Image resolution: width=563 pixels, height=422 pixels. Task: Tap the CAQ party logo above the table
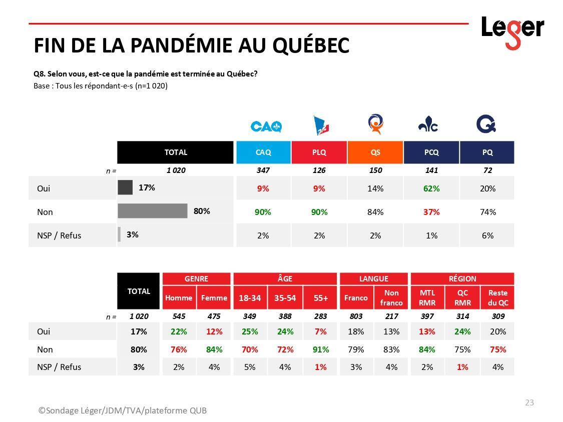266,126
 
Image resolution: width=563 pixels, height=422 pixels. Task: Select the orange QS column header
375,152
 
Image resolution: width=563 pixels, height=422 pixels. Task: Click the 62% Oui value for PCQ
431,188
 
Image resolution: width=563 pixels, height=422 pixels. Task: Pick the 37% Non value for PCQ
431,212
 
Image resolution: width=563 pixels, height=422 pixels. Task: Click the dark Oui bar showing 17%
125,188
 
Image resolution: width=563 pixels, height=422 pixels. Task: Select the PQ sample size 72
487,170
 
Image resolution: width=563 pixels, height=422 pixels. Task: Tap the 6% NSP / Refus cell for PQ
487,235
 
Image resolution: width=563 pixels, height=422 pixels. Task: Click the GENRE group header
196,278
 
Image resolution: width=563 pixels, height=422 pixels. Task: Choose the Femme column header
214,298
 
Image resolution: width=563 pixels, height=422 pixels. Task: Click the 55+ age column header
321,298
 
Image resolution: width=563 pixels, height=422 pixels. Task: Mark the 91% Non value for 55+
321,349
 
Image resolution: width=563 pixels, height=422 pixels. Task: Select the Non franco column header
391,298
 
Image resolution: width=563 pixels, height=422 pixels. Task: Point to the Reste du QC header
498,298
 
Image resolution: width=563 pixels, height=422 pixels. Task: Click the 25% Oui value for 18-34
250,331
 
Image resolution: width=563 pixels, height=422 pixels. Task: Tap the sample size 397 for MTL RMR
427,316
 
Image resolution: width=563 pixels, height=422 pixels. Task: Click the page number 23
529,402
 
